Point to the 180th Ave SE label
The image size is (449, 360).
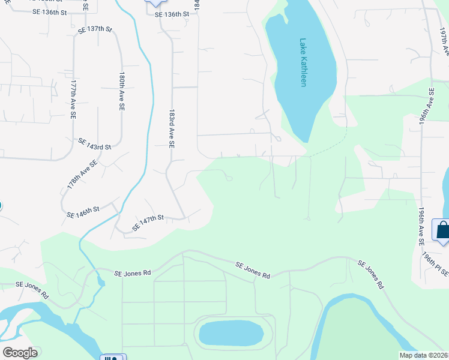122,91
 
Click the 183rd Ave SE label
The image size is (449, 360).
172,129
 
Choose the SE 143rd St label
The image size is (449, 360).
95,143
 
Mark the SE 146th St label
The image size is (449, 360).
83,212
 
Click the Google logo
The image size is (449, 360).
20,353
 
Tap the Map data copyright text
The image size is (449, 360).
424,355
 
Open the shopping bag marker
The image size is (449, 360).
443,230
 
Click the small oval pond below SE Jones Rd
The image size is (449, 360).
231,332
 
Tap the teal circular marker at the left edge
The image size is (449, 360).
1,205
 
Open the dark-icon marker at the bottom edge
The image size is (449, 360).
112,358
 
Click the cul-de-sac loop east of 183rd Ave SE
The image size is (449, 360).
228,176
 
